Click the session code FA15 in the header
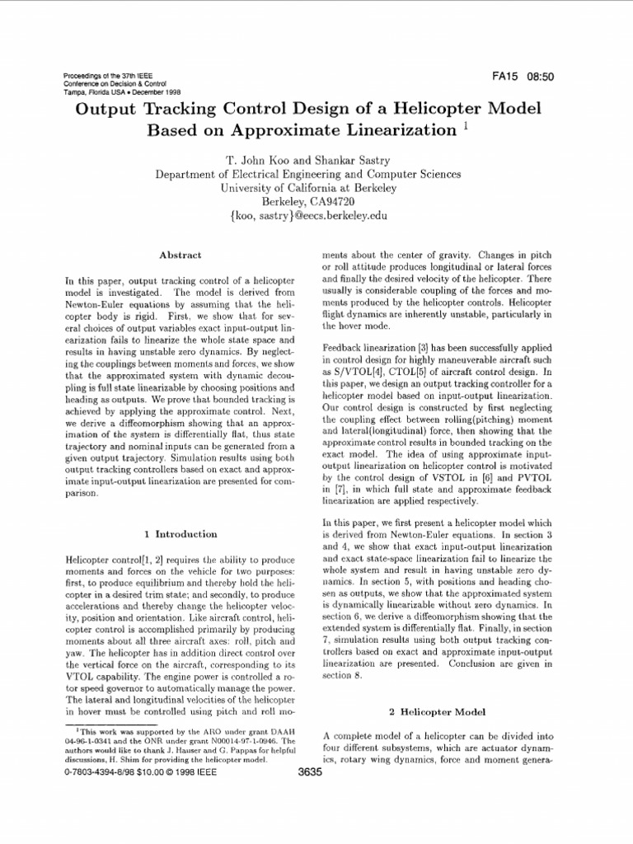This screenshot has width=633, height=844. pos(505,77)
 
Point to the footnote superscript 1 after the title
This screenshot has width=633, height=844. pos(466,126)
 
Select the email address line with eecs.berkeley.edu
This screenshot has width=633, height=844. pos(308,216)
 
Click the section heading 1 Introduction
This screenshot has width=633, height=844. pos(181,534)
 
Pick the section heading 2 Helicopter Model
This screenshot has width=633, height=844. pos(437,710)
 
